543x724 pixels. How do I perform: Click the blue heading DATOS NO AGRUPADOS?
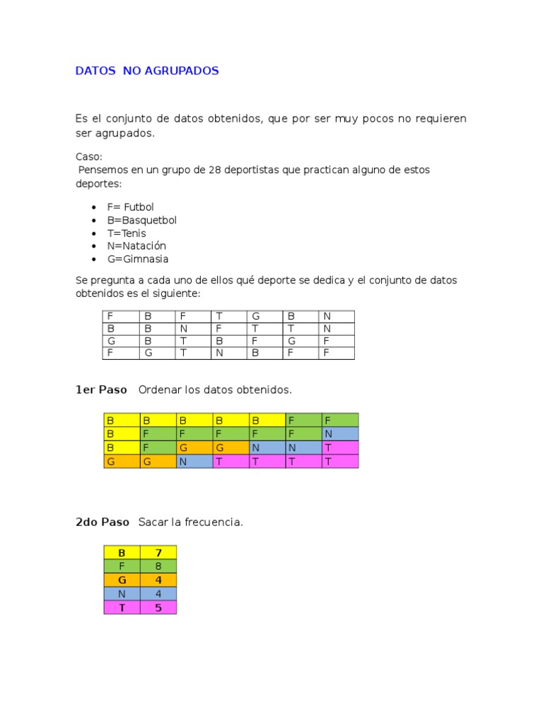[x=147, y=71]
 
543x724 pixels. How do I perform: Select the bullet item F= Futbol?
[x=130, y=207]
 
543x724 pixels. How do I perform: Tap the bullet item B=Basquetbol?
[x=141, y=220]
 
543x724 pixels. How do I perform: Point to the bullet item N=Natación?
[x=136, y=246]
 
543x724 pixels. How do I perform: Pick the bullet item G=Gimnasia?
[x=137, y=259]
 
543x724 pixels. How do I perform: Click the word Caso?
[x=89, y=157]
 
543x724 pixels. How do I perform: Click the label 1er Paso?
[x=101, y=390]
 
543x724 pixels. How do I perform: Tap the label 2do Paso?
[x=103, y=522]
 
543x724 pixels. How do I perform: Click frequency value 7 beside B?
[x=158, y=553]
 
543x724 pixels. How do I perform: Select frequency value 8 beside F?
[x=158, y=566]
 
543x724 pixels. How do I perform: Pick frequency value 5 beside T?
[x=158, y=607]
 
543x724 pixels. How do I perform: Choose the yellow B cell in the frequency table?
[x=122, y=553]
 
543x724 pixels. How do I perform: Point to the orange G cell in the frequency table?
[x=122, y=580]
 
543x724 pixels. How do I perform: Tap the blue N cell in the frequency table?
[x=122, y=594]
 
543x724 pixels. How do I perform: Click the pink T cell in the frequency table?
[x=122, y=607]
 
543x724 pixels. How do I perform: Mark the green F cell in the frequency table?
[x=122, y=566]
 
